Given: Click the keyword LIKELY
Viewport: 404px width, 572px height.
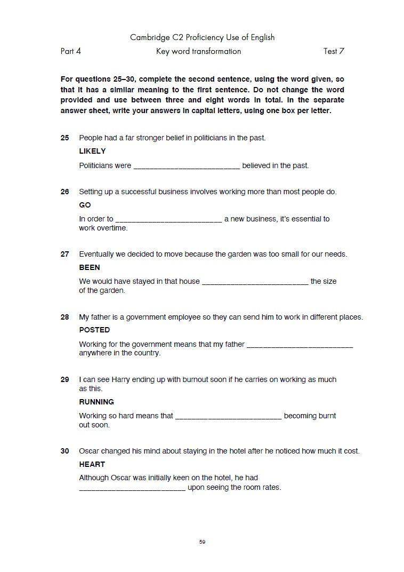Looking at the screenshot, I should [x=92, y=151].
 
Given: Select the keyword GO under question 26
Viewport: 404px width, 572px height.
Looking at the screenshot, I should [x=85, y=205].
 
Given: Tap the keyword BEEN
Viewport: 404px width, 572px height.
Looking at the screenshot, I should [x=90, y=267].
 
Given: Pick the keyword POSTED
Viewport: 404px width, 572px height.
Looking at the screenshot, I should [x=94, y=330].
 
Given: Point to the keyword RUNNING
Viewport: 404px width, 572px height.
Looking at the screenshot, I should [x=96, y=402].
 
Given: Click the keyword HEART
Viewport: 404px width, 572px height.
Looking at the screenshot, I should [x=92, y=464].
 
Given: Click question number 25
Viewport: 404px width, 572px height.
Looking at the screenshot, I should [x=65, y=138].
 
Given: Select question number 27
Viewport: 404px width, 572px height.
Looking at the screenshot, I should [x=65, y=254].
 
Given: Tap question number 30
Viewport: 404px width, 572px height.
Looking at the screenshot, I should [x=65, y=451].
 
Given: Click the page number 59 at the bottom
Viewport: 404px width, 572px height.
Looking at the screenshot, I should [x=203, y=542].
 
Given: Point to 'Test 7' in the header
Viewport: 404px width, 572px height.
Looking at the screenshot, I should [x=334, y=51].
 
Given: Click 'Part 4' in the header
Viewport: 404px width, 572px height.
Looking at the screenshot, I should [x=71, y=51].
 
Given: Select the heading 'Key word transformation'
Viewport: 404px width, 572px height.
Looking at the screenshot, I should [x=198, y=51].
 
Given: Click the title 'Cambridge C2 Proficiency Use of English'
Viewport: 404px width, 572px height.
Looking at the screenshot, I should [x=203, y=37].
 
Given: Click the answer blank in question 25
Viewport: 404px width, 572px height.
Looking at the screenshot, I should [x=187, y=166].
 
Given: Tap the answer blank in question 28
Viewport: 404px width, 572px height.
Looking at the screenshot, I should [x=300, y=345].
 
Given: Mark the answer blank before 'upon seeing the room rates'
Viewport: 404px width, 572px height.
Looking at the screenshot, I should [x=132, y=488].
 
